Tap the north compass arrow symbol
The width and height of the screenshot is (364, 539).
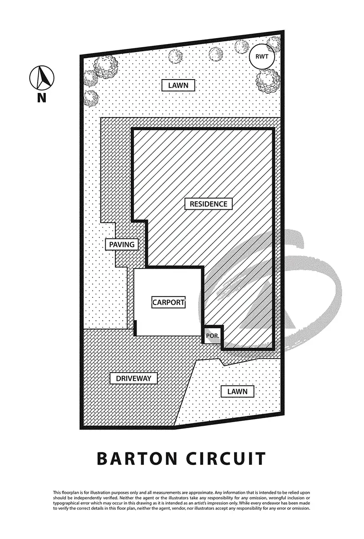(42, 77)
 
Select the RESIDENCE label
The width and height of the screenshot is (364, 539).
(209, 203)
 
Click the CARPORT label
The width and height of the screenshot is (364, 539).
(168, 302)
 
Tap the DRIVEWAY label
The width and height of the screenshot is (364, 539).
(134, 379)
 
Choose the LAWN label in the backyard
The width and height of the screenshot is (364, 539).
(178, 85)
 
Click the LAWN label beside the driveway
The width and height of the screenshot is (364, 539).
(237, 391)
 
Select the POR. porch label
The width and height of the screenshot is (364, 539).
(213, 336)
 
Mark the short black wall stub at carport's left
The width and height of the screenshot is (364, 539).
(136, 328)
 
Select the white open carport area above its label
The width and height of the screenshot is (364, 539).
(168, 282)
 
